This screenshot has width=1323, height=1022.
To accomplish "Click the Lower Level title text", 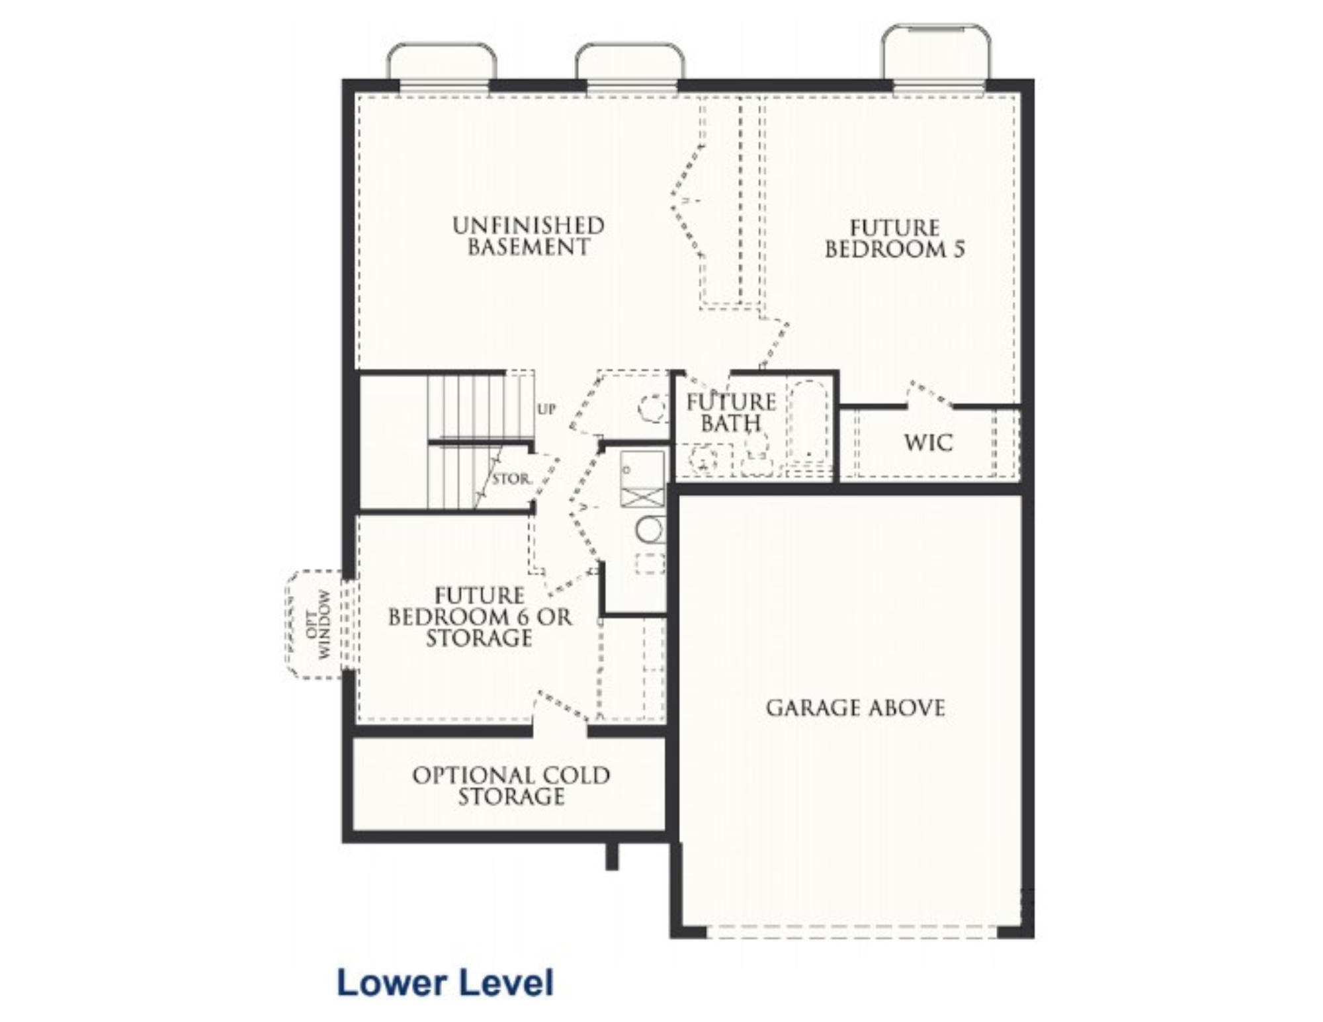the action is coord(445,983).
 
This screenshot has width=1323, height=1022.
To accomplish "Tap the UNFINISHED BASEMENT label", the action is coord(529,236).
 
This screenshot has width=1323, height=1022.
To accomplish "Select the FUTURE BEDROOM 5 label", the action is coord(894,239).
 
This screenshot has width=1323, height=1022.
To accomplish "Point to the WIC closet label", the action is coord(929,443).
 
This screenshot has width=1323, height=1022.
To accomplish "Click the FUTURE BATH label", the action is coord(731,412).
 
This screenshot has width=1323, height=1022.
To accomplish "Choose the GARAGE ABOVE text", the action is coord(855,708).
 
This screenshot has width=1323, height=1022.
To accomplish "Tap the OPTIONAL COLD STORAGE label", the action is coord(511,786).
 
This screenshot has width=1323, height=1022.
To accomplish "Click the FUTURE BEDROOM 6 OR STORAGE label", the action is coord(480,617).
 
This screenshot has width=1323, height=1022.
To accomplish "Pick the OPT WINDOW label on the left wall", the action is coord(318,624).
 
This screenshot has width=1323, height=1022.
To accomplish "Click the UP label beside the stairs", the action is coord(546,409).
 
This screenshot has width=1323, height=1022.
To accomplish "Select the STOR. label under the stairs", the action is coord(511,479).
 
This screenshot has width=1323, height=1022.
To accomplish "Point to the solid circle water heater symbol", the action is coord(651,530).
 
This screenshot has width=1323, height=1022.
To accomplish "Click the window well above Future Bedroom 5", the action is coord(937,52).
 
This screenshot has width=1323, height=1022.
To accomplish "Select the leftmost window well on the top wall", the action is coord(442,62).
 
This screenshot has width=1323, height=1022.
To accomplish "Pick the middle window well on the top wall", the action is coord(630,62).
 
